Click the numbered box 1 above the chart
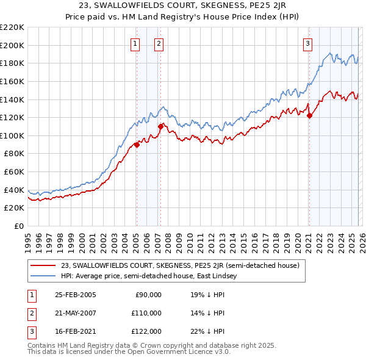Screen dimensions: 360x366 click(x=134, y=43)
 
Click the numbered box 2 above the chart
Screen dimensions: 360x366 click(x=159, y=43)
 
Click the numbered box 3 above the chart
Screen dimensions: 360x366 click(x=308, y=43)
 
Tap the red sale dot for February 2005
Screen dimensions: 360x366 click(x=137, y=145)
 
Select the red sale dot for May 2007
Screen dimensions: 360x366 click(x=160, y=126)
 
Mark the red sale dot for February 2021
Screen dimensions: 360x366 click(x=309, y=115)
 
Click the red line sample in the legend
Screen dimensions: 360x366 click(x=43, y=266)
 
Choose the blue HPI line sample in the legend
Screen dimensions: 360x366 click(x=43, y=276)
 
